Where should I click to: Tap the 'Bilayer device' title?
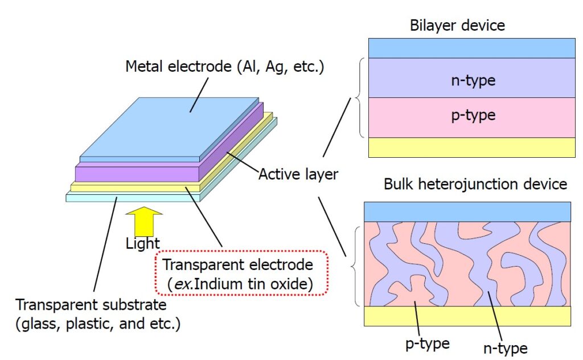click(x=457, y=26)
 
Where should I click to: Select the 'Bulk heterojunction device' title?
click(x=475, y=185)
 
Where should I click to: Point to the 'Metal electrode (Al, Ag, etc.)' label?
click(x=224, y=66)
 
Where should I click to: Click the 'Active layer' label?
click(x=298, y=174)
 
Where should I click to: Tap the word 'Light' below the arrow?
click(x=142, y=244)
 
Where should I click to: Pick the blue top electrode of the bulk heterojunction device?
click(x=467, y=211)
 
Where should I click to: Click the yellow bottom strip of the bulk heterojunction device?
click(x=467, y=316)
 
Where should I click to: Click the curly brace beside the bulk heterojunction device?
click(x=356, y=265)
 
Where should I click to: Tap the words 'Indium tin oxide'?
click(x=266, y=284)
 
